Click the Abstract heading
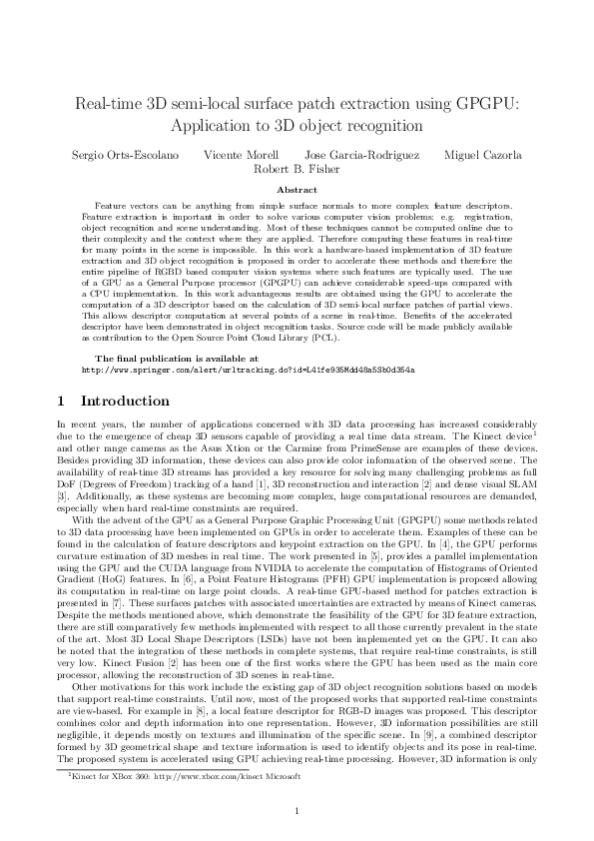296,190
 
